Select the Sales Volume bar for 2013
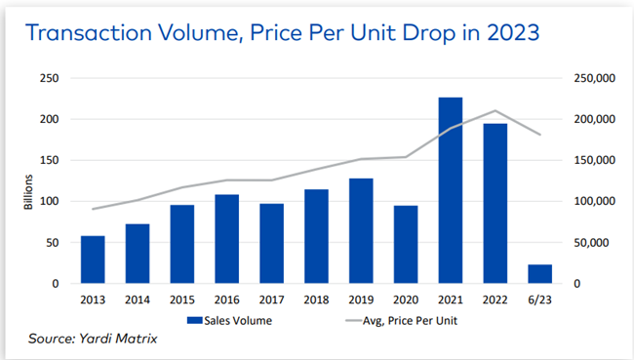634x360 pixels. [x=93, y=260]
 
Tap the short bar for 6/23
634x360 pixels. [x=540, y=274]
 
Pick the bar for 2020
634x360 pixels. [x=405, y=244]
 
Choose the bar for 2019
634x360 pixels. [x=360, y=230]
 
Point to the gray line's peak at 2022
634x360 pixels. [x=495, y=110]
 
